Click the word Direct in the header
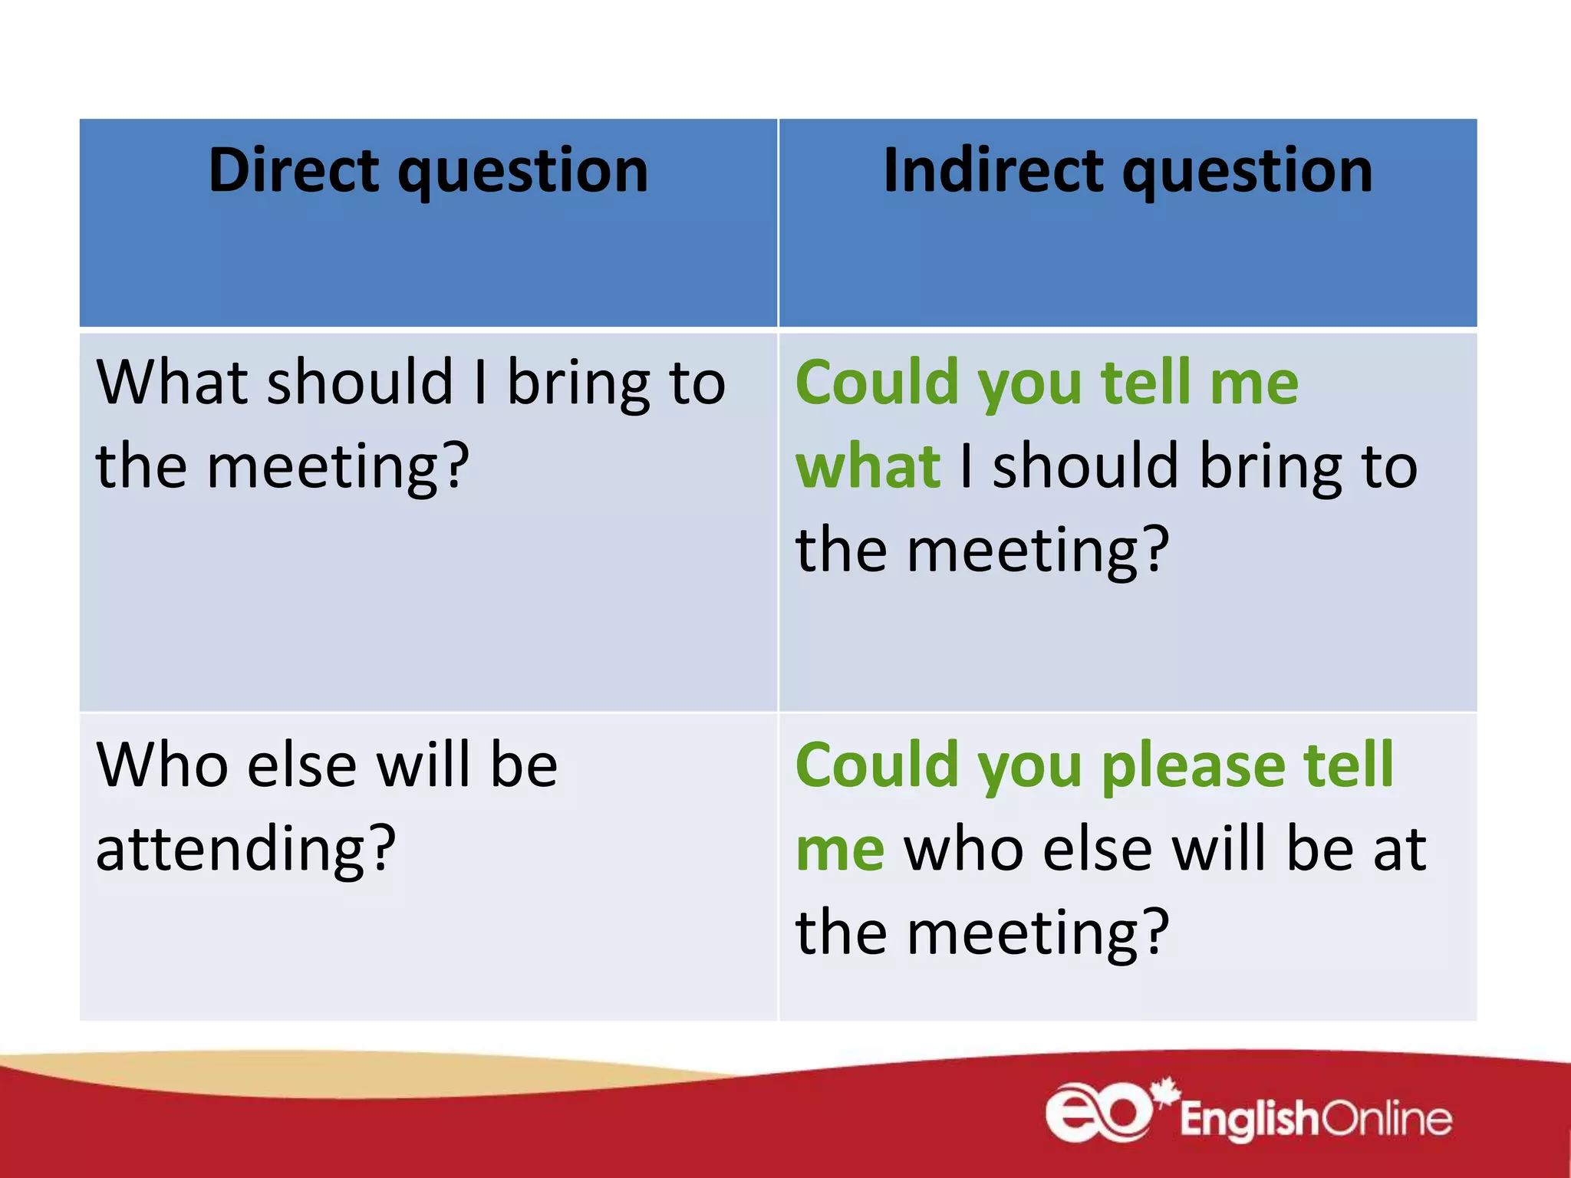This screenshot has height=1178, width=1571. point(294,169)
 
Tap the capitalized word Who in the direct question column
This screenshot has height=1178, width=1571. point(162,765)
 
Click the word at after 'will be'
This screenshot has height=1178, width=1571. point(1400,850)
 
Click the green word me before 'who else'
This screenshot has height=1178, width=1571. point(840,850)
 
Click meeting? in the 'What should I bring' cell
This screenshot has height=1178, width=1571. point(338,468)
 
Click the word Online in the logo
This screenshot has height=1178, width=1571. point(1387,1119)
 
